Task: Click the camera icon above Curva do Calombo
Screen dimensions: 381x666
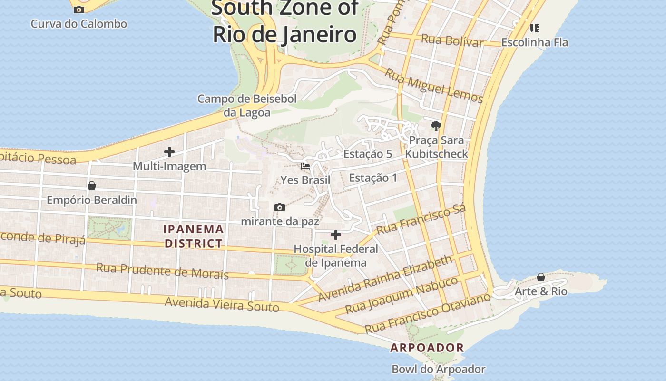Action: click(79, 10)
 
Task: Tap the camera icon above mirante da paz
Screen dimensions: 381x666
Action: click(280, 207)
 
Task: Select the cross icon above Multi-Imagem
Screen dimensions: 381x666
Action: click(169, 152)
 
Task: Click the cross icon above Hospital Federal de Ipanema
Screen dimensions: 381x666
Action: click(336, 234)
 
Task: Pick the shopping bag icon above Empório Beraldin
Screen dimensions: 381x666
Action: click(91, 185)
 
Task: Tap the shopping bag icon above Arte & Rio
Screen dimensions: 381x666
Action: click(541, 277)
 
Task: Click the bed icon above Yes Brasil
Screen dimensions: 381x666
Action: click(305, 166)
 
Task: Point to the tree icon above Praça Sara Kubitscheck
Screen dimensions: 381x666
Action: click(436, 126)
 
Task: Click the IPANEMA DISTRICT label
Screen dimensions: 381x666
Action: click(194, 236)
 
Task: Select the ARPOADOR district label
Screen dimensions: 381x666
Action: click(427, 348)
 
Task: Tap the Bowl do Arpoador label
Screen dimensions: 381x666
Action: click(438, 369)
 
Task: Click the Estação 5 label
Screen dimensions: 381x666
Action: click(368, 154)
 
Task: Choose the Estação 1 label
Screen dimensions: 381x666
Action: click(373, 178)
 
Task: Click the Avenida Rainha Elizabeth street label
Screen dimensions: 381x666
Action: click(385, 278)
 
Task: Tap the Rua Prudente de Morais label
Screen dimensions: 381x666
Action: click(162, 271)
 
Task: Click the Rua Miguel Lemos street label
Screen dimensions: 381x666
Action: click(433, 86)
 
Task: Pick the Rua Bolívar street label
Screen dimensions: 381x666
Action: click(452, 40)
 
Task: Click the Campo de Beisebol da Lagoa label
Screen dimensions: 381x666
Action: click(247, 106)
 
